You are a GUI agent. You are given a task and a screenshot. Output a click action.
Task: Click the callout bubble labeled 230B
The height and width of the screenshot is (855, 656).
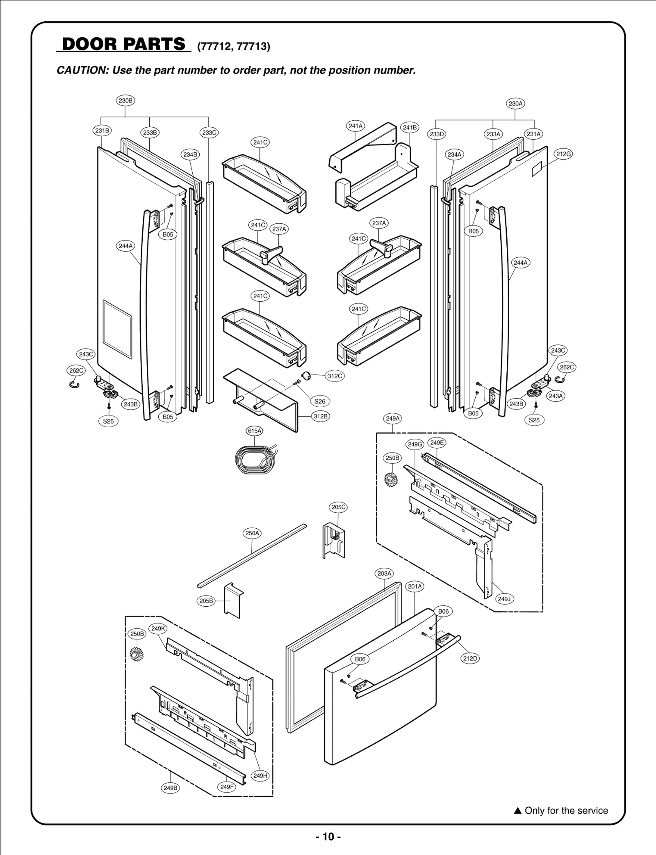click(x=125, y=101)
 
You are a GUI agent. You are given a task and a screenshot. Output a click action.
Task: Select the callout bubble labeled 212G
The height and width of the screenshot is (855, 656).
click(x=563, y=154)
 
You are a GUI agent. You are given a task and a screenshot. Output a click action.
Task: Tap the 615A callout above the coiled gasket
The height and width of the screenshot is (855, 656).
click(x=254, y=431)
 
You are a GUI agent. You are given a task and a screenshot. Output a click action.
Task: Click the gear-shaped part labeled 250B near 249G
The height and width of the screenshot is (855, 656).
click(x=391, y=479)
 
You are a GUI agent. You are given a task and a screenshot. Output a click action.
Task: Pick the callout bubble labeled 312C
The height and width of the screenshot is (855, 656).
click(x=335, y=376)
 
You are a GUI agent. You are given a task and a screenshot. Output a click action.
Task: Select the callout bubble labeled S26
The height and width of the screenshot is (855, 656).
click(x=320, y=401)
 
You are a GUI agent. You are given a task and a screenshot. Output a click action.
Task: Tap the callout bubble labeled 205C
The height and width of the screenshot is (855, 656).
click(x=338, y=507)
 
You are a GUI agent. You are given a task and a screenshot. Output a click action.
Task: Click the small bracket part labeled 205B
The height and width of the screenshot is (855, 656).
click(x=234, y=601)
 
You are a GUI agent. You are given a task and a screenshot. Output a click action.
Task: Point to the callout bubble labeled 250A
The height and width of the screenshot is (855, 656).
click(x=252, y=533)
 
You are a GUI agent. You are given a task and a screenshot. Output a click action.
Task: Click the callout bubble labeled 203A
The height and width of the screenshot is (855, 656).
click(x=384, y=573)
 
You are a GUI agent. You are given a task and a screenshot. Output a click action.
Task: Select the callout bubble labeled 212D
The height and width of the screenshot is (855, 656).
click(x=470, y=658)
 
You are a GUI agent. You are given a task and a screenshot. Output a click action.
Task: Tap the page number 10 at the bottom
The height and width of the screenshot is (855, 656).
click(x=328, y=837)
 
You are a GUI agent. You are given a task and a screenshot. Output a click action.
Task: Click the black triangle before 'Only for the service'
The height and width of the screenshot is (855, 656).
click(x=517, y=811)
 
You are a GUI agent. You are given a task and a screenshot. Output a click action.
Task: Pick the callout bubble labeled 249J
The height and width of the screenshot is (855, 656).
click(x=504, y=599)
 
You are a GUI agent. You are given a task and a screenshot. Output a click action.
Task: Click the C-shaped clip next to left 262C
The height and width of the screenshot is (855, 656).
click(x=74, y=385)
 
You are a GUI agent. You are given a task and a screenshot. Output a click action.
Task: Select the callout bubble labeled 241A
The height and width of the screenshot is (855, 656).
click(x=355, y=126)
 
